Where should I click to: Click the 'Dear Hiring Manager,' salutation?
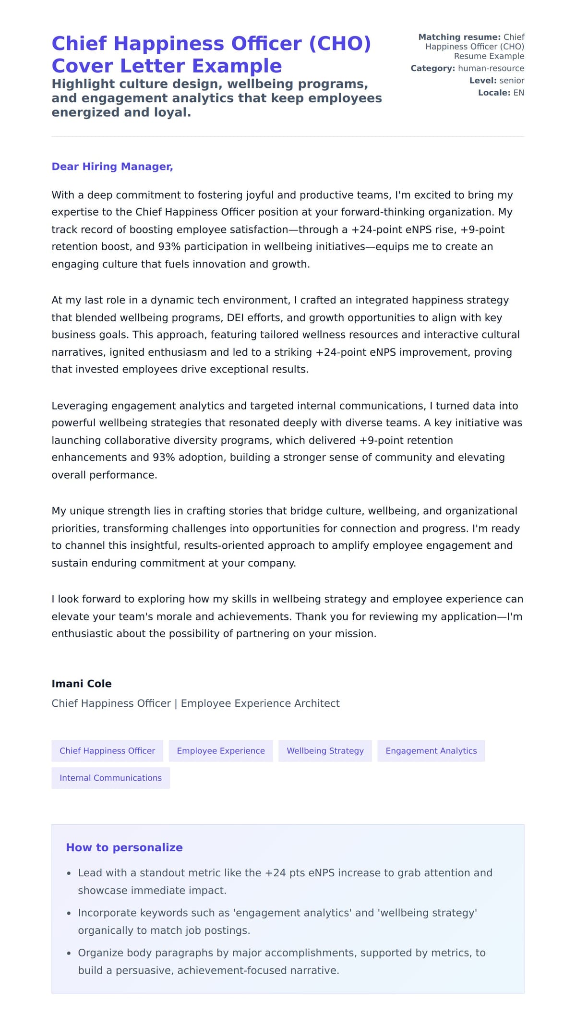[x=112, y=167]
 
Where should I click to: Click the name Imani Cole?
[x=82, y=684]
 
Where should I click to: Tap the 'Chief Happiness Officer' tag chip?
[x=107, y=751]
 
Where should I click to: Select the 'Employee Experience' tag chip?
[x=221, y=751]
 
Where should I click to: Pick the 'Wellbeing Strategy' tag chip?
[x=325, y=751]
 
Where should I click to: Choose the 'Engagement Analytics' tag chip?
[x=431, y=751]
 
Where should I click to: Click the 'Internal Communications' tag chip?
[x=110, y=778]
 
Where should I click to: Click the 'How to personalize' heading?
[x=124, y=847]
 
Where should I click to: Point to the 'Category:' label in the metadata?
[x=432, y=68]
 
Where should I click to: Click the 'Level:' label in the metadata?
[x=483, y=81]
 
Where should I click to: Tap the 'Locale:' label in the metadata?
[x=494, y=93]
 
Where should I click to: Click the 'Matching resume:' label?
[x=459, y=37]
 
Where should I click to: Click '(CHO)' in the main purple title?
[x=340, y=44]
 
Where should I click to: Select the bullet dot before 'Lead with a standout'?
[x=69, y=873]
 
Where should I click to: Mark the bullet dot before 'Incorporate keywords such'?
[x=69, y=913]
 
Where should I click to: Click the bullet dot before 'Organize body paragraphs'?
[x=69, y=953]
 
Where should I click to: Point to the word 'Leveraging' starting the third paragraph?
[x=80, y=406]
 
